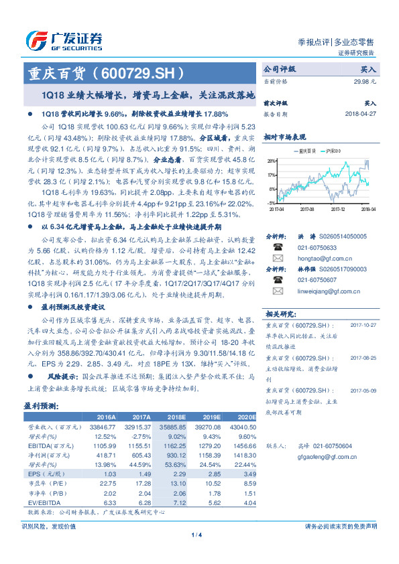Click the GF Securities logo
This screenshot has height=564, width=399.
point(64,40)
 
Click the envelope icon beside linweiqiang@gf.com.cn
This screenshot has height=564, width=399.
point(277,291)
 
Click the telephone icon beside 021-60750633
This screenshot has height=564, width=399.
point(277,246)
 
